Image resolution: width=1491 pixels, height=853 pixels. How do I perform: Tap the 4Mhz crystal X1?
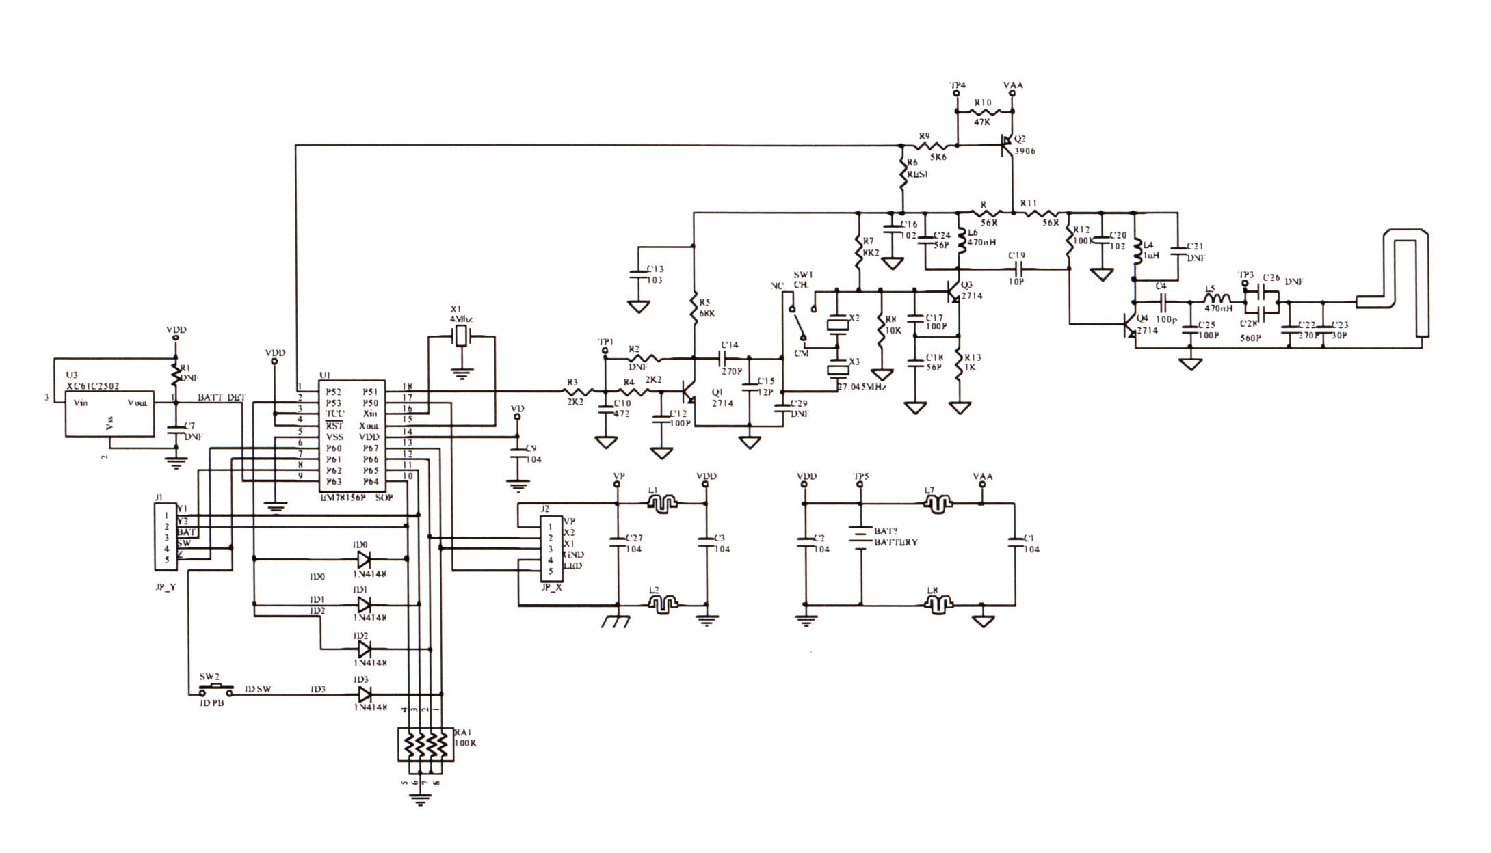pos(462,336)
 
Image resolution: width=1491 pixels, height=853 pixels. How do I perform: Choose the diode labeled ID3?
pos(365,694)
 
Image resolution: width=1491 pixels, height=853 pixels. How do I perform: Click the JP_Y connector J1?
pos(166,537)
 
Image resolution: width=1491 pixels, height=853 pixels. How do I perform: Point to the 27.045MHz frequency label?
pos(862,387)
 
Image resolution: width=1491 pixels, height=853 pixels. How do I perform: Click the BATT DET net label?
pos(222,398)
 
